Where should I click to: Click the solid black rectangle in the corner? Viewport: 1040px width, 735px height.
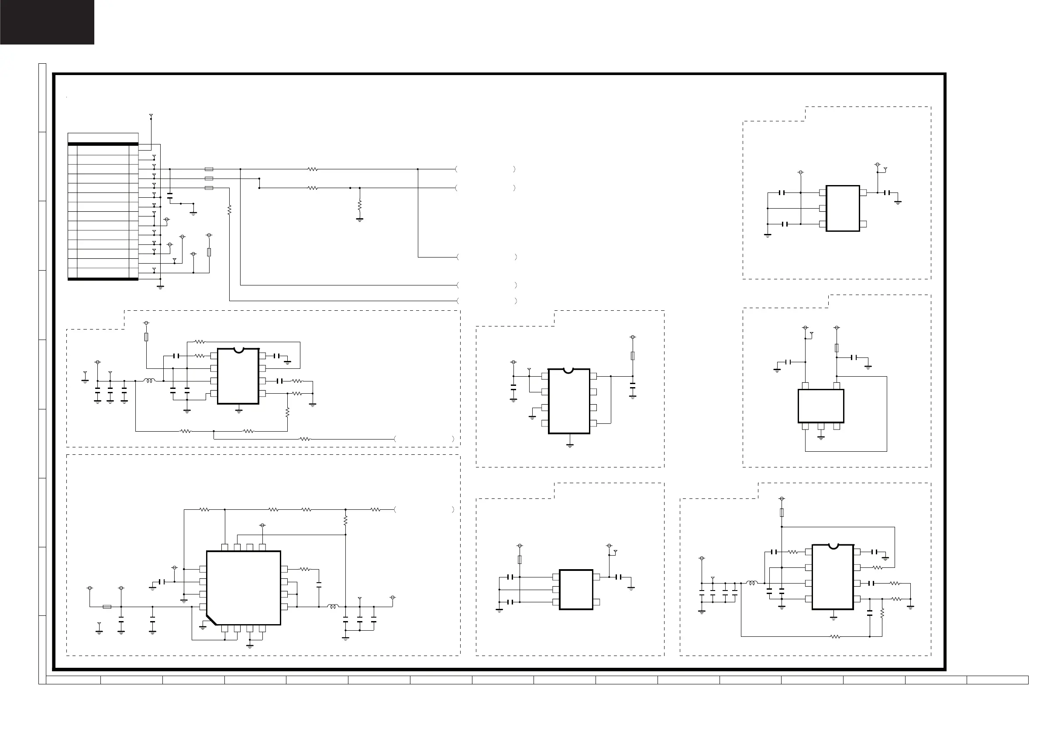47,22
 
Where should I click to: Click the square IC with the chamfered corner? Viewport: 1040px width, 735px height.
244,587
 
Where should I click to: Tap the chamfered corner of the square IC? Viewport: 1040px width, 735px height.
210,620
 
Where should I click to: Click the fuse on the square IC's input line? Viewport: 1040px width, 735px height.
107,606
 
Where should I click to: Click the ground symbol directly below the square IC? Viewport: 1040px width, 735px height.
250,646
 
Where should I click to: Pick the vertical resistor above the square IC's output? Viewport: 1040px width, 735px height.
346,520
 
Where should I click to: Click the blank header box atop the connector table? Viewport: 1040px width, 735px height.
103,137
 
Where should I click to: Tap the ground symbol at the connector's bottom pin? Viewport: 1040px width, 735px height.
160,287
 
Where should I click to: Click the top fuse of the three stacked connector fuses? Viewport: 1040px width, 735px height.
209,169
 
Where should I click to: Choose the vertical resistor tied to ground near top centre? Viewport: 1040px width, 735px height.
360,206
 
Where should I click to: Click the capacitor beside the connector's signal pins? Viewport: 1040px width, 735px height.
170,196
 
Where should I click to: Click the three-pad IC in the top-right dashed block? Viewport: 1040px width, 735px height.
843,208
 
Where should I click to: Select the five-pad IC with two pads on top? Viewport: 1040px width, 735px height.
820,406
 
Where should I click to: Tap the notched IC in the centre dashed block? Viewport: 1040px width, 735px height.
569,401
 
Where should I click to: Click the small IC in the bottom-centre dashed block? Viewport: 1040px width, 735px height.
576,590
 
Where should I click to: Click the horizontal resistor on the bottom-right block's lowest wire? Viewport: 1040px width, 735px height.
836,637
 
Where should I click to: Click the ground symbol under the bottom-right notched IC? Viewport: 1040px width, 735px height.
833,617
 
